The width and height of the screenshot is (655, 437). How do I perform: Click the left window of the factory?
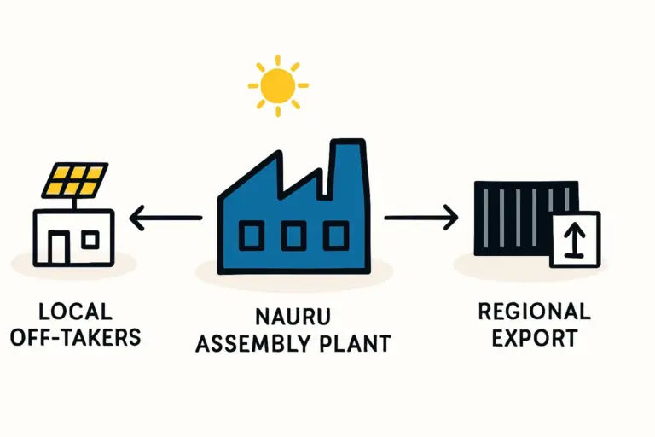pos(252,235)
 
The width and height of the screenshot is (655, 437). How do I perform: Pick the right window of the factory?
pos(335,235)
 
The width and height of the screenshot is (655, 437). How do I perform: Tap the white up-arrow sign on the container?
pos(574,239)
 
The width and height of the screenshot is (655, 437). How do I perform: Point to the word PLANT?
pos(358,344)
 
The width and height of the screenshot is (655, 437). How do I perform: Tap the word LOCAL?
pos(75,311)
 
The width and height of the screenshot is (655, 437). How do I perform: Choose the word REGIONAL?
pos(534,311)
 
